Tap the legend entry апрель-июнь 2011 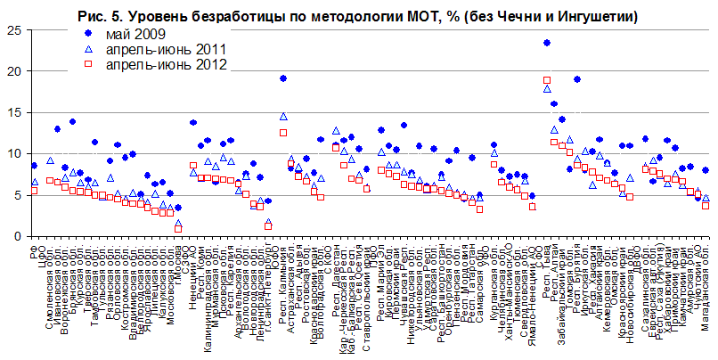[x=152, y=49]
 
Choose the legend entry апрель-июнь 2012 [x=152, y=64]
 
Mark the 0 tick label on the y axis [x=16, y=236]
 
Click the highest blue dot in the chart [x=546, y=43]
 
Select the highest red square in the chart [x=546, y=80]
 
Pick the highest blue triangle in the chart [x=546, y=89]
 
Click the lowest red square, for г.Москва [x=178, y=229]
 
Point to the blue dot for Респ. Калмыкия [x=282, y=78]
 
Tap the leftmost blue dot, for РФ [x=34, y=165]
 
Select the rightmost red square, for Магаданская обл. [x=706, y=205]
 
